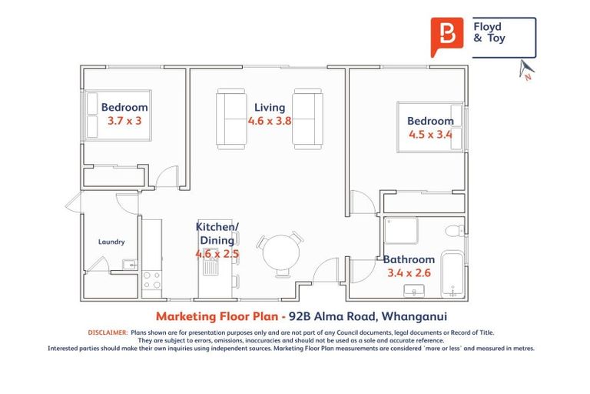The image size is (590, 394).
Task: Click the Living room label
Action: [269, 107]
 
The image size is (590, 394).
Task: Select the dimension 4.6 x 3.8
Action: [269, 121]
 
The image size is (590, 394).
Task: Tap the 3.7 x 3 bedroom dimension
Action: [124, 121]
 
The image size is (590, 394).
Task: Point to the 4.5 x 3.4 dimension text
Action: [430, 135]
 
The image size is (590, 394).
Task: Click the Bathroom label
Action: [409, 259]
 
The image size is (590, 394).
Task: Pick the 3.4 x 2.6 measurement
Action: [409, 273]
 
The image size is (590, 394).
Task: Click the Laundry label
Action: [111, 242]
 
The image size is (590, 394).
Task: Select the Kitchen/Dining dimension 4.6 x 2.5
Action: [217, 253]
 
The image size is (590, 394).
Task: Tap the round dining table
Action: [278, 253]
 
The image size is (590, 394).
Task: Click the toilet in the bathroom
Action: [454, 228]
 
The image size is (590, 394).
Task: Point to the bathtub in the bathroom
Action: [452, 273]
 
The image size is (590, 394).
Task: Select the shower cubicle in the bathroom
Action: [401, 230]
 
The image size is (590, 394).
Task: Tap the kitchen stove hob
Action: [151, 279]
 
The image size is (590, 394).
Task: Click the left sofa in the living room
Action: [230, 119]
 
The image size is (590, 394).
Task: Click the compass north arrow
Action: [526, 70]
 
